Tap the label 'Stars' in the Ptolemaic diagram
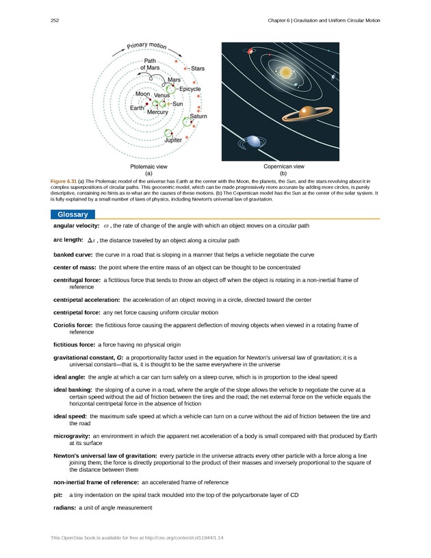(198, 68)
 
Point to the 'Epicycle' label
(190, 89)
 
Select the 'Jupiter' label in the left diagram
(173, 140)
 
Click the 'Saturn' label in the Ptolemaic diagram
(198, 116)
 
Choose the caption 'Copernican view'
(283, 166)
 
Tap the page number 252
(55, 21)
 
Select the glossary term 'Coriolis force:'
(73, 325)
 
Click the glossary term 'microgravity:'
(71, 436)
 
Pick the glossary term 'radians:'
(64, 507)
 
